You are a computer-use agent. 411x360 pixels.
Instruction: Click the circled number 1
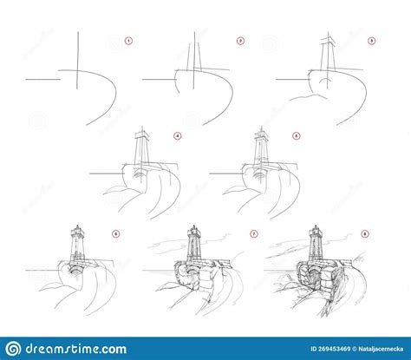(x=128, y=40)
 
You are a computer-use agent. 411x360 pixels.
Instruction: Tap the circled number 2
(x=240, y=40)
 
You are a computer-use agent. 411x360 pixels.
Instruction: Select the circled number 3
(x=371, y=40)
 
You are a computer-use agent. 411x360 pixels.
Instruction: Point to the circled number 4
(x=177, y=135)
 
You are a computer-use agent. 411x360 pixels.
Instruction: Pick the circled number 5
(x=296, y=135)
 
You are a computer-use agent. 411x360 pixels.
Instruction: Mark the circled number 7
(x=253, y=233)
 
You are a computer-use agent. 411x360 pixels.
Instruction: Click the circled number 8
(x=364, y=233)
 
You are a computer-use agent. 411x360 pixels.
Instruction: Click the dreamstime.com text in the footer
(x=77, y=349)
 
